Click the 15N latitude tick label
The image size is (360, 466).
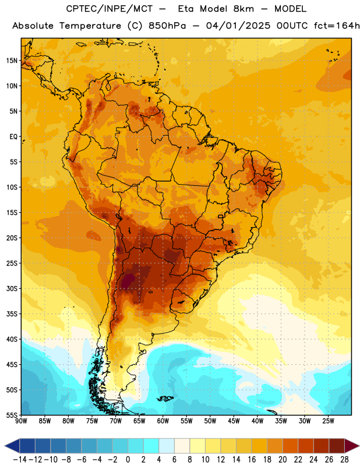(x=12, y=61)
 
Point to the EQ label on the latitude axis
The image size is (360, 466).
(x=13, y=137)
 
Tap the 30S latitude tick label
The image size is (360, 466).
(x=12, y=288)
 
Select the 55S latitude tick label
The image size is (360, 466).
(x=12, y=415)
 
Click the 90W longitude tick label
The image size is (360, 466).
(x=21, y=421)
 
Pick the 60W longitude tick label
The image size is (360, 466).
(x=163, y=421)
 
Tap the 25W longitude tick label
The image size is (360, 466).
(x=328, y=421)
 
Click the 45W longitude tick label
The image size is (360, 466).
(x=234, y=421)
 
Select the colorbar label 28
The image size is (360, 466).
(x=344, y=460)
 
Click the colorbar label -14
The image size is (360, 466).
(x=20, y=460)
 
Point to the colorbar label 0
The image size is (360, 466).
(x=128, y=460)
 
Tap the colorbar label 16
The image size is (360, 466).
(x=252, y=460)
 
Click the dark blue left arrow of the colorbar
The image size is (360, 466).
(x=12, y=446)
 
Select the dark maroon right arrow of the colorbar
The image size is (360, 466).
(x=352, y=446)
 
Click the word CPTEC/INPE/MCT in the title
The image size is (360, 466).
(x=110, y=9)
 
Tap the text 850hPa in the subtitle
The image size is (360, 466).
(x=167, y=26)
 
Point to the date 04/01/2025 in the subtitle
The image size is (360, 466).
(x=238, y=26)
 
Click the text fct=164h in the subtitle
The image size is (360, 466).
(x=337, y=26)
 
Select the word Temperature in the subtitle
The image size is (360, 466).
(x=90, y=26)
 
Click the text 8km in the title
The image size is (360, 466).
(x=243, y=9)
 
